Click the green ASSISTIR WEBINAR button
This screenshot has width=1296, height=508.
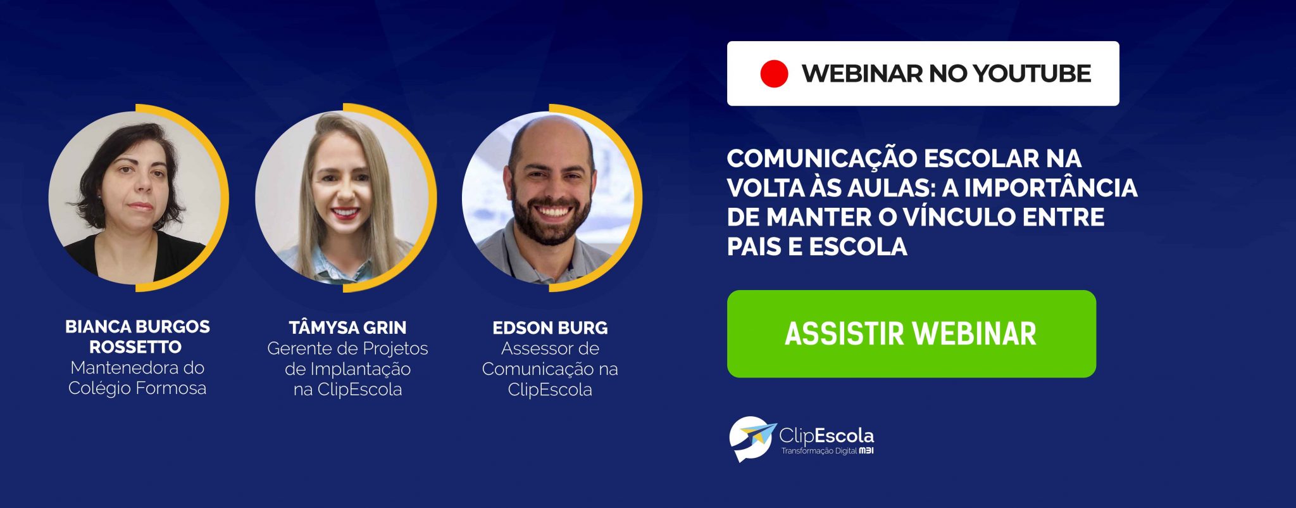(x=911, y=334)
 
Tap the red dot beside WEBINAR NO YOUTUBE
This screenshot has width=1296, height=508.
(x=774, y=73)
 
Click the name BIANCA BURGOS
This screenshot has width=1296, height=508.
(x=137, y=327)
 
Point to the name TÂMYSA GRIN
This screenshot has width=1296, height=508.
(x=347, y=327)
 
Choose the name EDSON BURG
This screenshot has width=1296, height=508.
(x=550, y=327)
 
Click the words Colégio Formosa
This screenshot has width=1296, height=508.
(x=137, y=388)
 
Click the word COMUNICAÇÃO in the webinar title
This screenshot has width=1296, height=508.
(x=821, y=158)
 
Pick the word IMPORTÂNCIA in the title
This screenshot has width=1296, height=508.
(x=1051, y=187)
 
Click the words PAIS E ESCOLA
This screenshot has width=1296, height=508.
(x=817, y=246)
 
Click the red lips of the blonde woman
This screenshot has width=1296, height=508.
(x=345, y=213)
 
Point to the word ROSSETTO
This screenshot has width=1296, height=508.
(x=135, y=347)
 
